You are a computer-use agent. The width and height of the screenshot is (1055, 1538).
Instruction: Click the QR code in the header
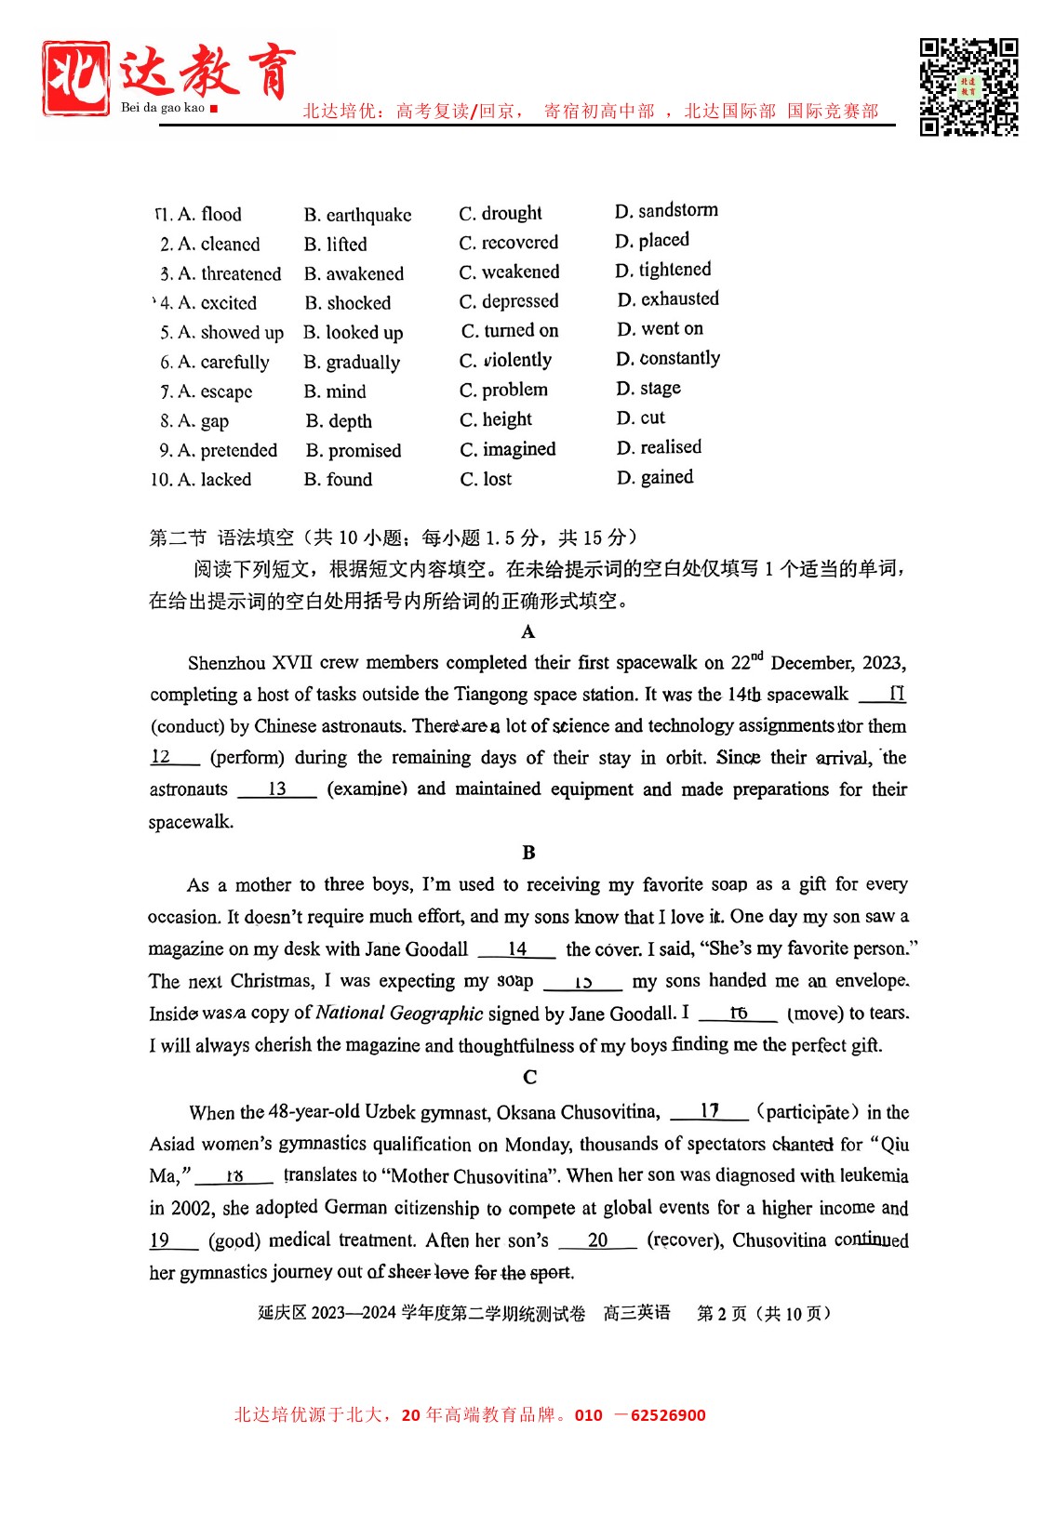coord(968,86)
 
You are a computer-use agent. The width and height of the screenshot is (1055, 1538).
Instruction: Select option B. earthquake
coord(357,215)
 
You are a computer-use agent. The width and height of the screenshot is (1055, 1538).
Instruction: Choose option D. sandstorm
coord(666,211)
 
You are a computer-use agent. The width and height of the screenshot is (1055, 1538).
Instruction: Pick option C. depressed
coord(509,301)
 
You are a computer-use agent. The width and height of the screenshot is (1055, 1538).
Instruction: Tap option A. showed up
coord(221,333)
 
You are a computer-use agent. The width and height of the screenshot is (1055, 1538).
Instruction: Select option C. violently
coord(505,360)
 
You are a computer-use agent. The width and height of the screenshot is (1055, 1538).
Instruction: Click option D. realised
coord(659,447)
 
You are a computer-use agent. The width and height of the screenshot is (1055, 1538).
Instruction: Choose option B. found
coord(338,480)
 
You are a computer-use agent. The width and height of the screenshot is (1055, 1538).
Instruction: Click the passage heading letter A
coord(528,632)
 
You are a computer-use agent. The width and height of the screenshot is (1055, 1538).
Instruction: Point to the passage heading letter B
coord(528,853)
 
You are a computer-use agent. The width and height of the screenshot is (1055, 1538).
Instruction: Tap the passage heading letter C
coord(529,1077)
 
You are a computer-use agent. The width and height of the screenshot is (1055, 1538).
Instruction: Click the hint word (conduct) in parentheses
coord(187,726)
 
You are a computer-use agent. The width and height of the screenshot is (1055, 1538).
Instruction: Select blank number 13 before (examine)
coord(277,789)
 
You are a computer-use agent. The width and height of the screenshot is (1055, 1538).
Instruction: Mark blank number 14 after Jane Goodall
coord(517,949)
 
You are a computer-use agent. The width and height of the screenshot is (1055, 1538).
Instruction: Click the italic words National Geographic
coord(399,1013)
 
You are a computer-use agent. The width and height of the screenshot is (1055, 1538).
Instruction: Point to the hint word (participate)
coord(807,1112)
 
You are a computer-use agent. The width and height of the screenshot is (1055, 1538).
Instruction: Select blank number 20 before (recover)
coord(598,1240)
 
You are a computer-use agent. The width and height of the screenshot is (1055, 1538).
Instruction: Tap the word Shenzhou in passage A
coord(227,663)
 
